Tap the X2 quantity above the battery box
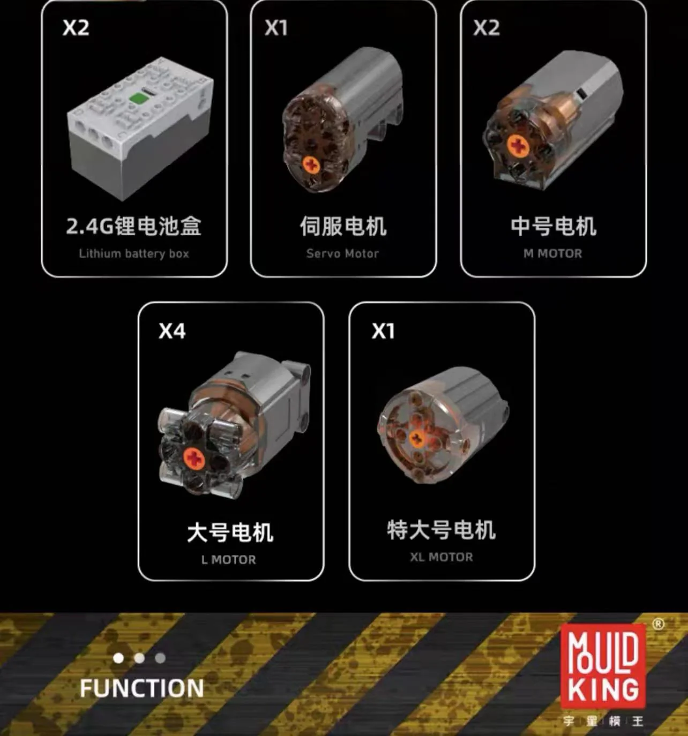tap(76, 28)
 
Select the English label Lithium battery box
tap(134, 253)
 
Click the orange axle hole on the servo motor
tap(311, 165)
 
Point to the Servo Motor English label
tap(342, 253)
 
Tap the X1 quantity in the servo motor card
tap(276, 28)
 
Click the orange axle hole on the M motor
tap(518, 145)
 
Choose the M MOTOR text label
tap(552, 253)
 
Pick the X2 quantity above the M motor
tap(486, 28)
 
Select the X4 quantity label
tap(172, 331)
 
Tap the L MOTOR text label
tap(228, 560)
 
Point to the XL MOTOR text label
tap(442, 557)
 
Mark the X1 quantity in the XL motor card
tap(383, 331)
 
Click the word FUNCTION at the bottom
tap(141, 688)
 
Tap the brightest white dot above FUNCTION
tap(118, 658)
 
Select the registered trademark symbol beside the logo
tap(659, 624)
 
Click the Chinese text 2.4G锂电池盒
tap(133, 226)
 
